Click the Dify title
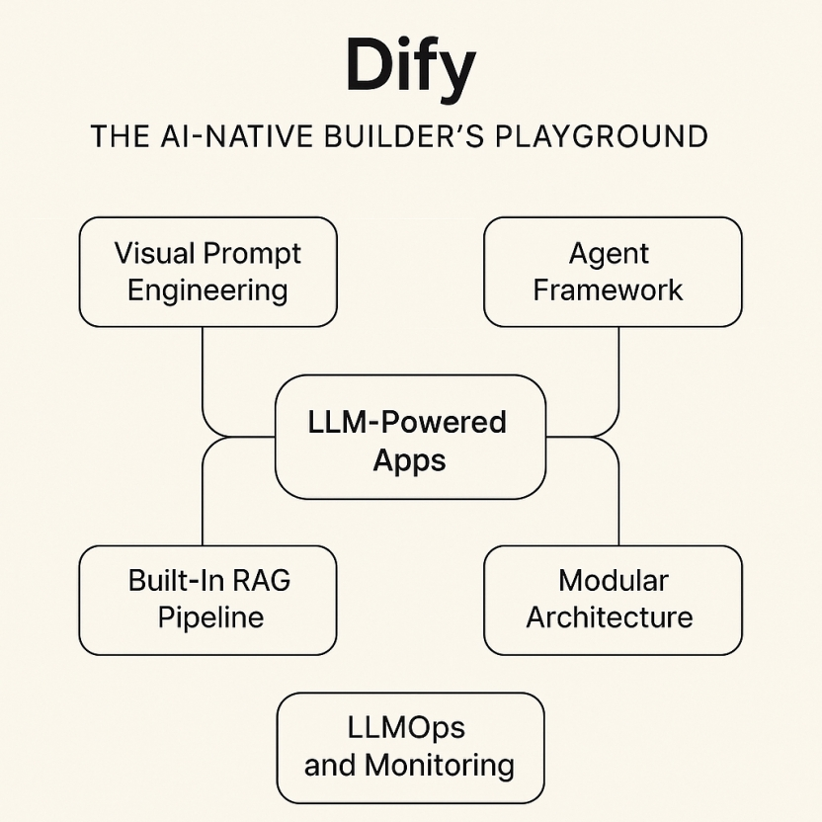[410, 67]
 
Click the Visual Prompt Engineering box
[207, 272]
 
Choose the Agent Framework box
[613, 272]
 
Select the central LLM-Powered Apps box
[410, 437]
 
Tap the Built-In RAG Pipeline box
[207, 600]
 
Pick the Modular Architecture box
[613, 600]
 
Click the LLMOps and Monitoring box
[410, 747]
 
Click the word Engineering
[207, 290]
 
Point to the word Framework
[608, 290]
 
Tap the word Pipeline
[210, 618]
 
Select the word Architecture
[609, 618]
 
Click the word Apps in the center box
[409, 460]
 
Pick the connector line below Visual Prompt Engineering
[203, 375]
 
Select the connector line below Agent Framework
[619, 375]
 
